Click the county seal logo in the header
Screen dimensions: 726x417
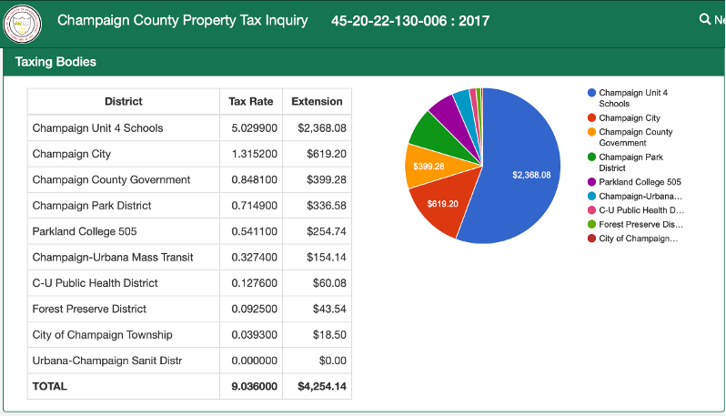22,24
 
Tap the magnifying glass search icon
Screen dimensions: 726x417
705,19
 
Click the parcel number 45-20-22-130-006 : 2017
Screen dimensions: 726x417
410,21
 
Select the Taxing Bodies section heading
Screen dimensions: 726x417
55,62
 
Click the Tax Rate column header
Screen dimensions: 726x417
251,101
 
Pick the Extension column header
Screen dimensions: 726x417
318,101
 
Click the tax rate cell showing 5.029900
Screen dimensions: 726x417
254,127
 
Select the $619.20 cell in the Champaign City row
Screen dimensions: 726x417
327,154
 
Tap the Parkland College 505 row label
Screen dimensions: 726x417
85,231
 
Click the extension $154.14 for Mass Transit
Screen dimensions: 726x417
327,257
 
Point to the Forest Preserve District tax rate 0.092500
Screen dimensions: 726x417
254,309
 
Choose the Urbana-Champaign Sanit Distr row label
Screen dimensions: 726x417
107,361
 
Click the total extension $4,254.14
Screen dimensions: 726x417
322,386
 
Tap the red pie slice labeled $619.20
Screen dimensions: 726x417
442,204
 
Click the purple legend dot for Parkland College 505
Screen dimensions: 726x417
591,182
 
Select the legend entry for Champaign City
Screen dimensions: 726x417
624,118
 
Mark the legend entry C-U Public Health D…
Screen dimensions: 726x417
636,210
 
